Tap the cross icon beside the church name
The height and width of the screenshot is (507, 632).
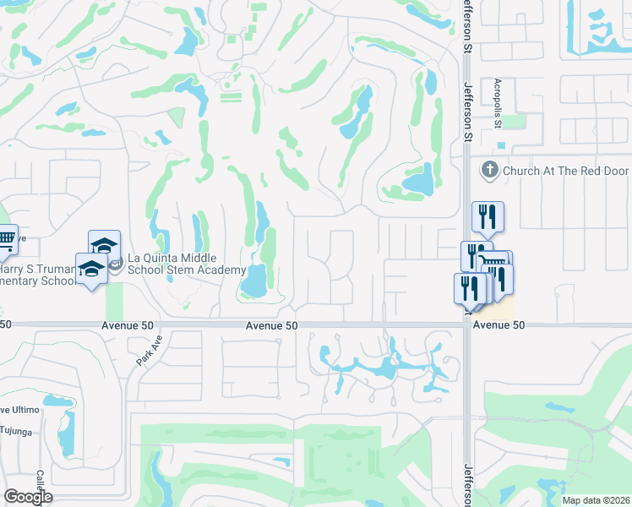[x=488, y=170]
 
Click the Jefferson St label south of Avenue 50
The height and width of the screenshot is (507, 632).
[x=467, y=482]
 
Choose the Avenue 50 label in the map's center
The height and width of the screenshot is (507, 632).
[x=272, y=325]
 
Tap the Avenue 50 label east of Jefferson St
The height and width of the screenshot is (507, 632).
[x=499, y=325]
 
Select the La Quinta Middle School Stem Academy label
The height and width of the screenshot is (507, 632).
[x=172, y=264]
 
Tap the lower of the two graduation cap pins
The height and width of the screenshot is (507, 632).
[x=91, y=269]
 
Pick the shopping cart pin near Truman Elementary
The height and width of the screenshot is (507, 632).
[x=6, y=241]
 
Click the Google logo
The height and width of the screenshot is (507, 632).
[x=28, y=496]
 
